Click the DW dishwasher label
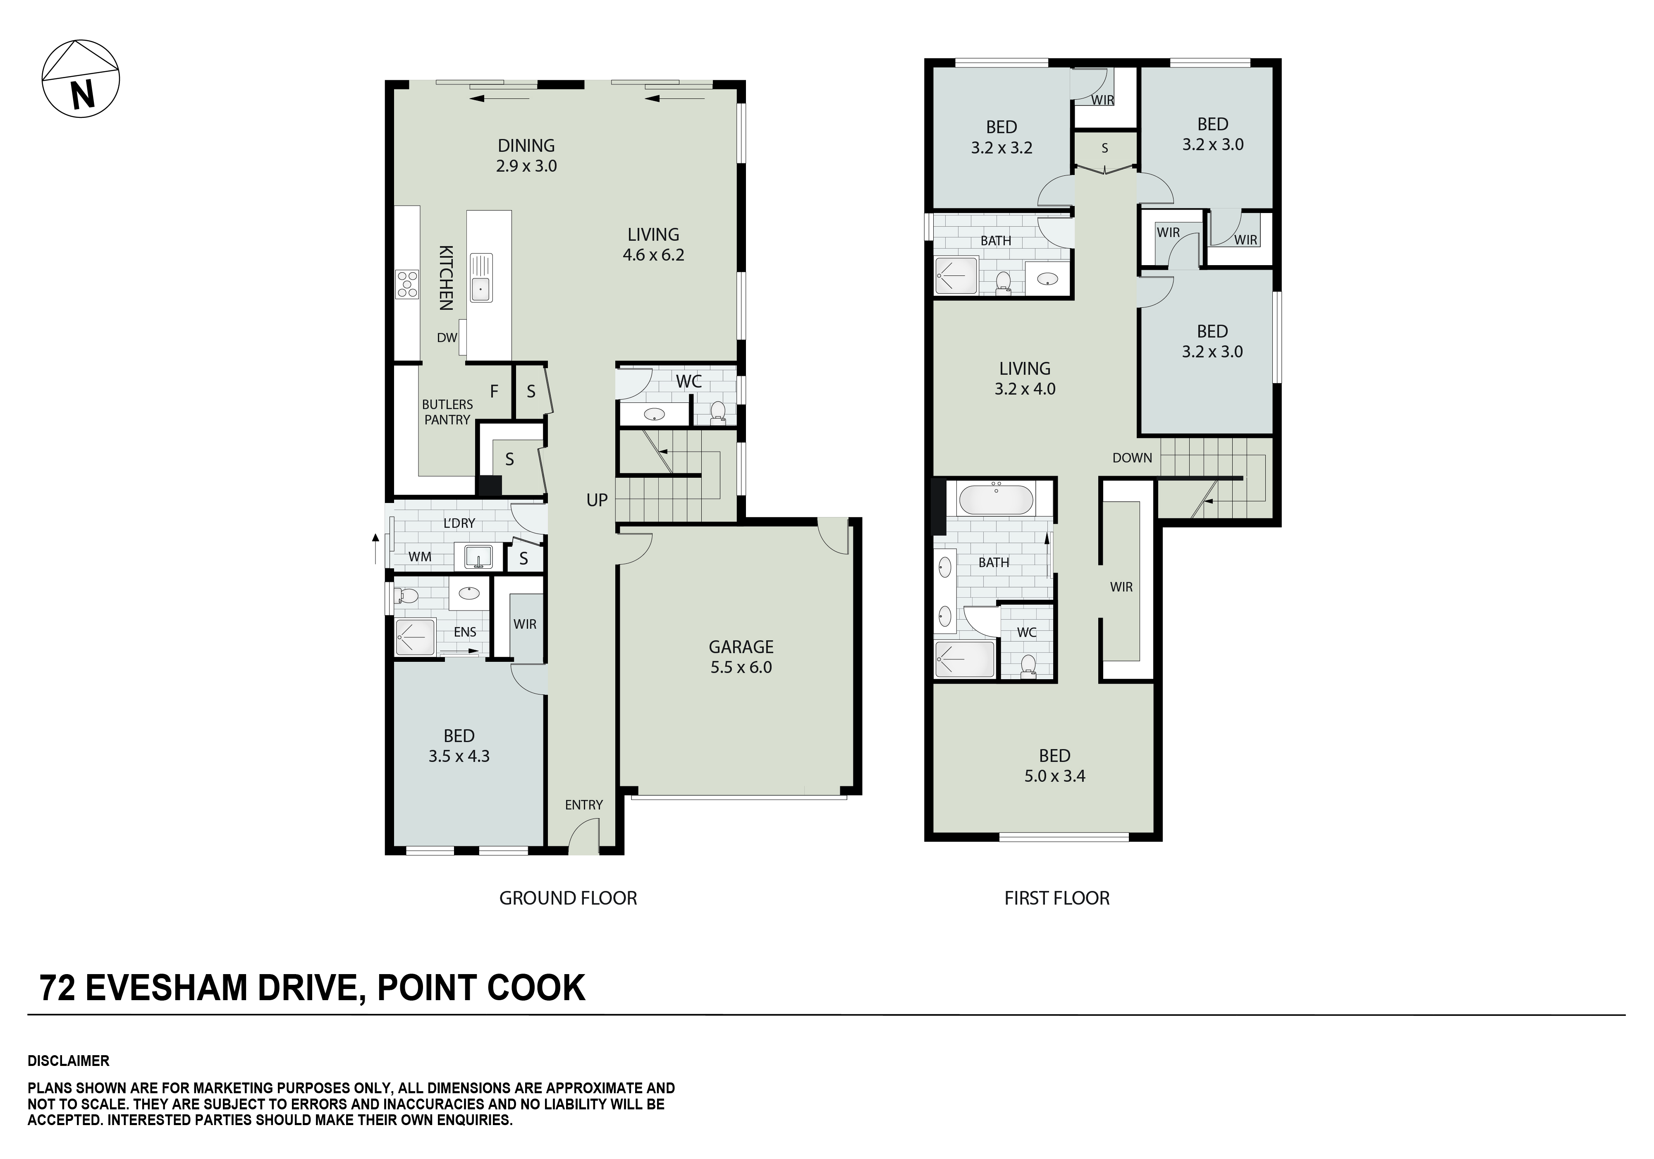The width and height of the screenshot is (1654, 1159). (x=447, y=338)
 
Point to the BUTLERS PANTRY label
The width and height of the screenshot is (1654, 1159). (x=447, y=412)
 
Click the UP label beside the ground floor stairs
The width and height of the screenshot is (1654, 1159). (x=597, y=500)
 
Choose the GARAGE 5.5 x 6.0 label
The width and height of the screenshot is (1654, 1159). (x=741, y=656)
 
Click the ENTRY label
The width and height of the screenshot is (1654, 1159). (x=583, y=805)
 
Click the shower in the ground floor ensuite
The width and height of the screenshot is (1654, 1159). (x=415, y=637)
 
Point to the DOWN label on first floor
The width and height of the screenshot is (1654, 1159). (x=1133, y=458)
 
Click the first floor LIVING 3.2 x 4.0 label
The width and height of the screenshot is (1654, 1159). (x=1025, y=378)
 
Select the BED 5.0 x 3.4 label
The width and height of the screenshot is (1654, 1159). (x=1055, y=766)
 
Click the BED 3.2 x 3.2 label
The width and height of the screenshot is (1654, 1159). (x=1001, y=137)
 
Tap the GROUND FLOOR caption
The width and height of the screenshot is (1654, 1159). (x=569, y=898)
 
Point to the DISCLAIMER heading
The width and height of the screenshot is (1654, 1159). (x=69, y=1061)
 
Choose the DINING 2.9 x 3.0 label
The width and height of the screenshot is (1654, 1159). (x=527, y=155)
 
